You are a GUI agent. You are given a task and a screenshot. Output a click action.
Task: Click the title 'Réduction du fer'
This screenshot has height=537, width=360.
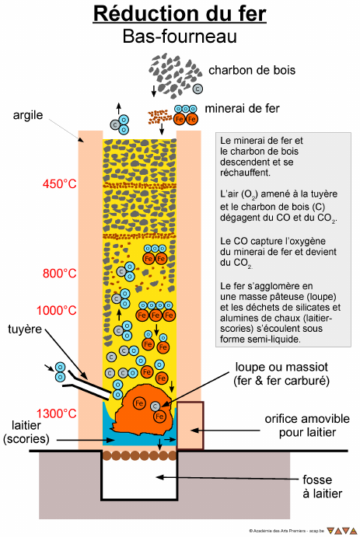click(180, 14)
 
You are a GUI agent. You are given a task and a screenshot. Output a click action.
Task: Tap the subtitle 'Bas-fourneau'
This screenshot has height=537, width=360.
click(180, 37)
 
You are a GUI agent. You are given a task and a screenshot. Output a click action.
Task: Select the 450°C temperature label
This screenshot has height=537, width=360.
click(59, 184)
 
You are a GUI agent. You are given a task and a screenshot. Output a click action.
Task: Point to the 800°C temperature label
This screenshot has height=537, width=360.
click(59, 274)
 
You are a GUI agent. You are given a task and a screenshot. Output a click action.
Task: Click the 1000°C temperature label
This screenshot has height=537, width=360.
click(56, 310)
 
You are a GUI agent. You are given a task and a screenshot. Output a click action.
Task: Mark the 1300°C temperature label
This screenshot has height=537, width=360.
click(56, 413)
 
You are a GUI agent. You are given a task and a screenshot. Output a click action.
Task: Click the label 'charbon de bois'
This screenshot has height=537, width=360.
click(252, 70)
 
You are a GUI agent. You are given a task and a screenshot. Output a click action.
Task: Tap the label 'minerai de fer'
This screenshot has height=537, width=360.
click(242, 109)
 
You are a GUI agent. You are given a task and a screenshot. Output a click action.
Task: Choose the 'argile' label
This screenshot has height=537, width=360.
click(28, 116)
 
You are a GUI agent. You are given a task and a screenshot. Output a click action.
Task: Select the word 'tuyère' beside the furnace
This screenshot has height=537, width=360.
click(25, 330)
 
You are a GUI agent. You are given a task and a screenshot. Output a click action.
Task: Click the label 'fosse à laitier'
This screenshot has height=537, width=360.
click(323, 486)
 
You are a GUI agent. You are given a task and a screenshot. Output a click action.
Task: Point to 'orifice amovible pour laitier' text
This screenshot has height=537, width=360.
click(307, 425)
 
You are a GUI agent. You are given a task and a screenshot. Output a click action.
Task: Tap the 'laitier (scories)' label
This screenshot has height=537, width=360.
click(26, 432)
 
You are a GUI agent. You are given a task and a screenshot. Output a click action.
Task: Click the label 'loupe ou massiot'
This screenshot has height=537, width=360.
click(281, 367)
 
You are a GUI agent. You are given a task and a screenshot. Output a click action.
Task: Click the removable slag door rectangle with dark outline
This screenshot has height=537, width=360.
click(190, 425)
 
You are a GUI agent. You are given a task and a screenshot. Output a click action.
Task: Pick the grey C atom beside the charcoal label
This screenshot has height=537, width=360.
click(197, 89)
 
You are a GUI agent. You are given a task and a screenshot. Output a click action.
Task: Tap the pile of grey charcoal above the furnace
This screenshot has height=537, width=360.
click(174, 75)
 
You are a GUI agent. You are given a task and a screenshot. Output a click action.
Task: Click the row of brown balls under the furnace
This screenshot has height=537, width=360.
click(140, 455)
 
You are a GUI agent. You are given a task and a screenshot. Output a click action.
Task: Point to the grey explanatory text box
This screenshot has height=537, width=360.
click(283, 239)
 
